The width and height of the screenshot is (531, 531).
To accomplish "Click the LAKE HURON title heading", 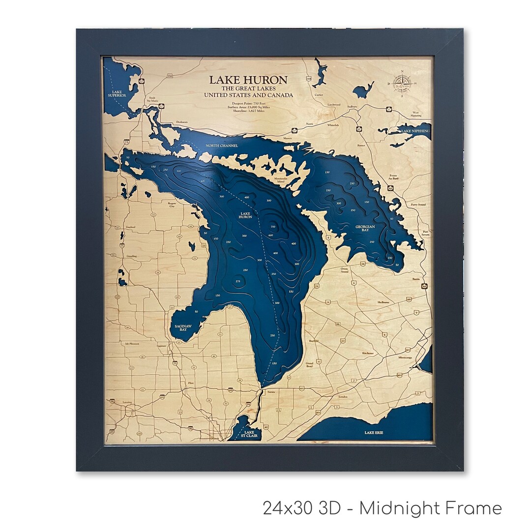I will click(x=248, y=80).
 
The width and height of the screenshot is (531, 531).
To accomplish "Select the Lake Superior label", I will click(x=117, y=93).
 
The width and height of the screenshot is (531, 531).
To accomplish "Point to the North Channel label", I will click(x=222, y=146).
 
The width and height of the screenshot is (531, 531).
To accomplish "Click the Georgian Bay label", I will click(x=365, y=228).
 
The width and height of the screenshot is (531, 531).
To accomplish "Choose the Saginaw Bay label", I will click(x=180, y=327).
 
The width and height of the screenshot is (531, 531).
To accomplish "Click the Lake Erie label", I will click(x=374, y=433).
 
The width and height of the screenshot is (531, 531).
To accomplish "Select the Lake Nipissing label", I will click(x=415, y=131).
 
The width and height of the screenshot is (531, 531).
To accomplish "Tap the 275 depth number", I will click(x=238, y=281).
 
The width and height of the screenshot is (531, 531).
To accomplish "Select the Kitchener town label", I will click(x=368, y=353).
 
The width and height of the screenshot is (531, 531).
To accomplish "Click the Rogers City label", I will click(x=172, y=204).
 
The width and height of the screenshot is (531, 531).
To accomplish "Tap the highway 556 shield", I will click(x=170, y=76).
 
